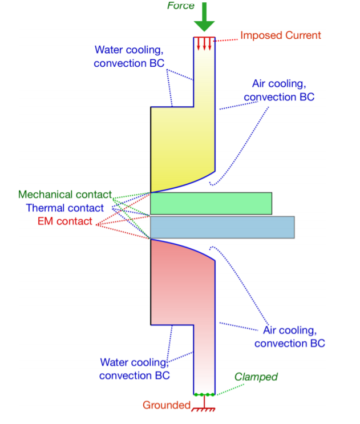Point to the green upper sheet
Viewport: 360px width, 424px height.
(211, 203)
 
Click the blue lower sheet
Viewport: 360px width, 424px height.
(222, 227)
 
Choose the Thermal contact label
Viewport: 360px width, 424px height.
(65, 208)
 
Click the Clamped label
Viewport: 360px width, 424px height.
(256, 377)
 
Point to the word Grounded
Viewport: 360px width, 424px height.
(166, 405)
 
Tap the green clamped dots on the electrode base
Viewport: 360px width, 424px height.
(204, 394)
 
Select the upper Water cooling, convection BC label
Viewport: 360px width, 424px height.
(128, 55)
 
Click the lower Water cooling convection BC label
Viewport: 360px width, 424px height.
(135, 369)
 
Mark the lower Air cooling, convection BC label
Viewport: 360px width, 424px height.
(289, 337)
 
